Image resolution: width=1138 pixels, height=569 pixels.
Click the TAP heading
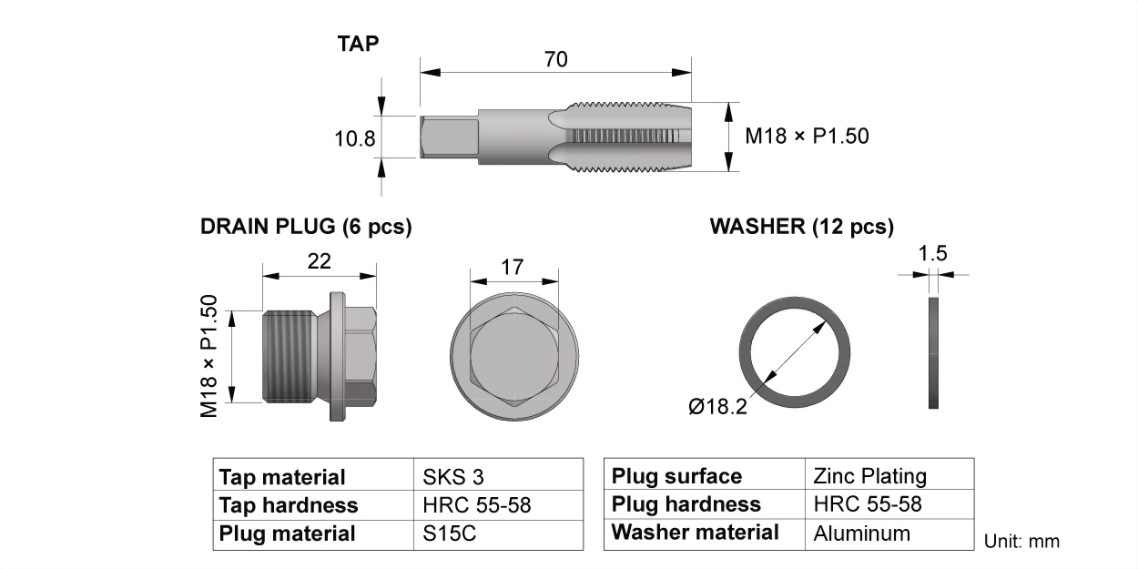click(358, 44)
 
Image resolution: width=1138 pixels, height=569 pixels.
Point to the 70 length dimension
click(556, 59)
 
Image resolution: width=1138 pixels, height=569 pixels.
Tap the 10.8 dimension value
click(355, 138)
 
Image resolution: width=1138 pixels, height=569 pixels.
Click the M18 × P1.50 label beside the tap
click(807, 137)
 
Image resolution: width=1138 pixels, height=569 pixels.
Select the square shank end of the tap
click(450, 137)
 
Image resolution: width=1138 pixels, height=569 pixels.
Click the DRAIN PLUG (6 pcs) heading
click(306, 227)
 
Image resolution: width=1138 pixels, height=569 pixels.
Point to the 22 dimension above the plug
click(319, 261)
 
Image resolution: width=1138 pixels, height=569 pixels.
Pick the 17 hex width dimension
click(512, 268)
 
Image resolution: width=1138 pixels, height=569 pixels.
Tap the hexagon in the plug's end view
click(514, 357)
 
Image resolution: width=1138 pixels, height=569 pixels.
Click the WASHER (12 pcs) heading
click(802, 227)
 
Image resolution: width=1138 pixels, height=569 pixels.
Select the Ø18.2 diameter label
click(718, 406)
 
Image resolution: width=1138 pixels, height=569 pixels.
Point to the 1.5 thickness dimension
click(933, 253)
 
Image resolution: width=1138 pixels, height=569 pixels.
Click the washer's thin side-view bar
click(933, 353)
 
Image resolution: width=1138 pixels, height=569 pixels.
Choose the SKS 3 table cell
click(453, 477)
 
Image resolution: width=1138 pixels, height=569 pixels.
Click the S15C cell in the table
click(450, 533)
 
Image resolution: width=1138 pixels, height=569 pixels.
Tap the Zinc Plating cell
click(869, 476)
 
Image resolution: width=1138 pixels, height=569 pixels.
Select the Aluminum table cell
click(861, 533)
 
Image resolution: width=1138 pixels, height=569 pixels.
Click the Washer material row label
click(695, 533)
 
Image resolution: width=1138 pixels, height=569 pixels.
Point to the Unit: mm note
click(1021, 542)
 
